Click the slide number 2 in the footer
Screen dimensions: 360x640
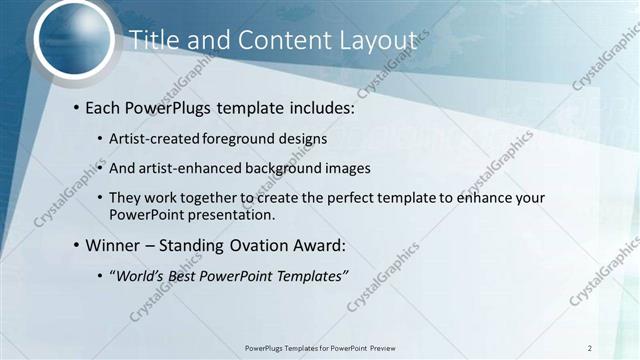[590, 348]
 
